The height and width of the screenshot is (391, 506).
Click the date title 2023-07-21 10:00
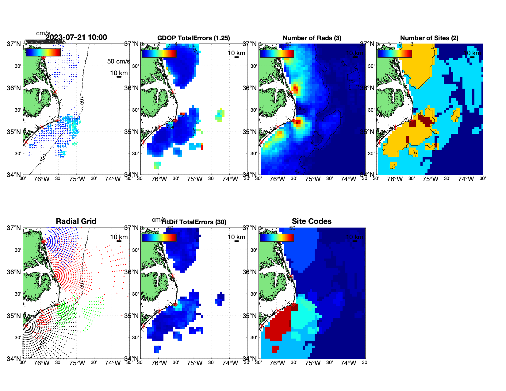pyautogui.click(x=76, y=37)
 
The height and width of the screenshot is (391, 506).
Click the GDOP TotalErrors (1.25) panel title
pyautogui.click(x=194, y=38)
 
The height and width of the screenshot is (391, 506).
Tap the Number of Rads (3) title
pyautogui.click(x=312, y=38)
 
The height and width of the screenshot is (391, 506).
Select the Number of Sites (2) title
pyautogui.click(x=429, y=38)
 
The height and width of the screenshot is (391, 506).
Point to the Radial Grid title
pyautogui.click(x=76, y=221)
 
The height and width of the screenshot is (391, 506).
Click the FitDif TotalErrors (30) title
pyautogui.click(x=194, y=222)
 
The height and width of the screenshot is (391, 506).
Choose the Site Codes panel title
pyautogui.click(x=312, y=221)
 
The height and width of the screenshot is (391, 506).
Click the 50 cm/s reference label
pyautogui.click(x=119, y=61)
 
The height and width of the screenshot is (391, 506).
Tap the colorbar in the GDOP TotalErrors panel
pyautogui.click(x=159, y=53)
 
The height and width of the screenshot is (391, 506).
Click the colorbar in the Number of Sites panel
pyautogui.click(x=395, y=53)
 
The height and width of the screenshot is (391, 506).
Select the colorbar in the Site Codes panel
pyautogui.click(x=277, y=238)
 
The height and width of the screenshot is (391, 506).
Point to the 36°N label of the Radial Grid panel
pyautogui.click(x=14, y=272)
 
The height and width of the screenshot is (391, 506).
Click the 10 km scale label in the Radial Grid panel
pyautogui.click(x=119, y=237)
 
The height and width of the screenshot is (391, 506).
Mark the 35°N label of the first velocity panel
pyautogui.click(x=14, y=132)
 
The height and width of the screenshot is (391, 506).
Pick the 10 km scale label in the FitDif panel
pyautogui.click(x=236, y=237)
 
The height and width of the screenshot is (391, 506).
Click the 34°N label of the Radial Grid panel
pyautogui.click(x=14, y=358)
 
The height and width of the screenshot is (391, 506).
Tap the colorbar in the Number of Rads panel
pyautogui.click(x=277, y=53)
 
